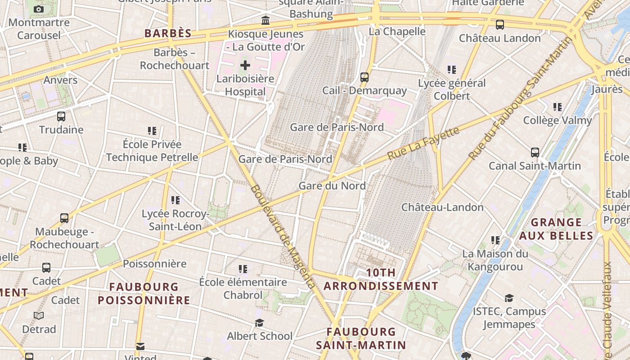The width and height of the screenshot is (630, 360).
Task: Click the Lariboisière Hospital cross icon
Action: pyautogui.click(x=245, y=66)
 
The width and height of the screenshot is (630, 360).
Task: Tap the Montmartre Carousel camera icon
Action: pyautogui.click(x=39, y=9)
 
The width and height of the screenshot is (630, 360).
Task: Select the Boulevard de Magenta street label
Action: pyautogui.click(x=283, y=236)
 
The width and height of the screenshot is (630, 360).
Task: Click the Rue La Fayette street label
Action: pyautogui.click(x=423, y=143)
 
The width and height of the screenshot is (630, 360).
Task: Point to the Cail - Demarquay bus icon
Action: pyautogui.click(x=364, y=77)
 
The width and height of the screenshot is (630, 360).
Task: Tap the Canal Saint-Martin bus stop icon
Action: pyautogui.click(x=535, y=153)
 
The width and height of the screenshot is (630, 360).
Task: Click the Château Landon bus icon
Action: pyautogui.click(x=500, y=25)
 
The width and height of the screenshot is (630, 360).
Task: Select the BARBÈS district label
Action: pyautogui.click(x=168, y=33)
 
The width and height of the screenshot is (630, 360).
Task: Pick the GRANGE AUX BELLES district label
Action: pyautogui.click(x=556, y=229)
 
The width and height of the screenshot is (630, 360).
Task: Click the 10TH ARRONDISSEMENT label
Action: pyautogui.click(x=381, y=279)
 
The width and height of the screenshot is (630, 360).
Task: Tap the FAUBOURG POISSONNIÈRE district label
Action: pyautogui.click(x=144, y=293)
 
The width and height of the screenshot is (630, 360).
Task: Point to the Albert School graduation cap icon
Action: pyautogui.click(x=259, y=323)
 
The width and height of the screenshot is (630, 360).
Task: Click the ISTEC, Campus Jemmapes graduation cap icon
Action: pyautogui.click(x=509, y=298)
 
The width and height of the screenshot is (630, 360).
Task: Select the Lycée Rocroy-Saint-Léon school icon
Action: pyautogui.click(x=175, y=200)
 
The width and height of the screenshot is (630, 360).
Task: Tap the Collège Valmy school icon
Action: pyautogui.click(x=558, y=107)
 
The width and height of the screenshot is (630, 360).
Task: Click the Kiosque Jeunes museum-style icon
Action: pyautogui.click(x=265, y=21)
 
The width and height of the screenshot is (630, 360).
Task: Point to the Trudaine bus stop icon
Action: pyautogui.click(x=61, y=117)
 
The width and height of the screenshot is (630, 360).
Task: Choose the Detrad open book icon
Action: pyautogui.click(x=39, y=316)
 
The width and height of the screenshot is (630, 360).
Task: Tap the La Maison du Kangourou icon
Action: pyautogui.click(x=495, y=240)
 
